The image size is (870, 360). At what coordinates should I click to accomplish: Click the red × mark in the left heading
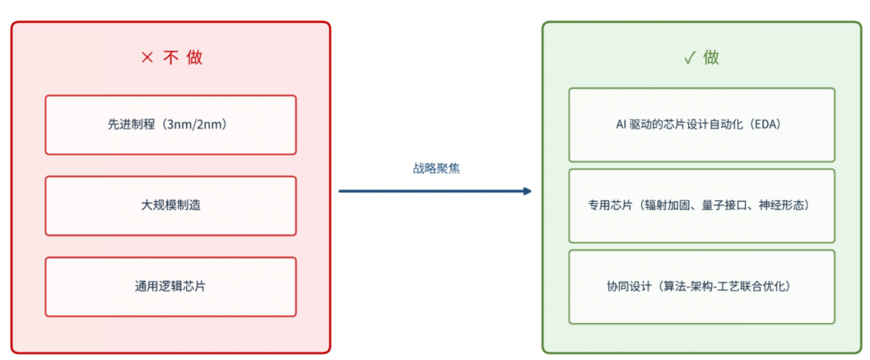[147, 58]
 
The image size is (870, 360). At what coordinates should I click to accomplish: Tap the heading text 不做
[183, 58]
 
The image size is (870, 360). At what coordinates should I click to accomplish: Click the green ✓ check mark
[690, 58]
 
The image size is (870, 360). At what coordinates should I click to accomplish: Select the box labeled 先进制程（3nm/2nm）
[170, 125]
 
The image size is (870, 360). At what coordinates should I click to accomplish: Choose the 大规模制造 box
[170, 206]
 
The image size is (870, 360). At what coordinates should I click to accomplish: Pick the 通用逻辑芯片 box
[170, 287]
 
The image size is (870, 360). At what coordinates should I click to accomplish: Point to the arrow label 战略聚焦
[436, 169]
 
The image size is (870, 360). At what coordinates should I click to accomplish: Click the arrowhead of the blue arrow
[527, 192]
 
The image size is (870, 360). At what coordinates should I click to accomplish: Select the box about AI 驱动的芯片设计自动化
[702, 125]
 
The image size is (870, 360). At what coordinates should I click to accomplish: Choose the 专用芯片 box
[702, 206]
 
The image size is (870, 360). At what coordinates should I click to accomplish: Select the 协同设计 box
[702, 287]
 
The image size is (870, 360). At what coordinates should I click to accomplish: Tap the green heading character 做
[710, 58]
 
